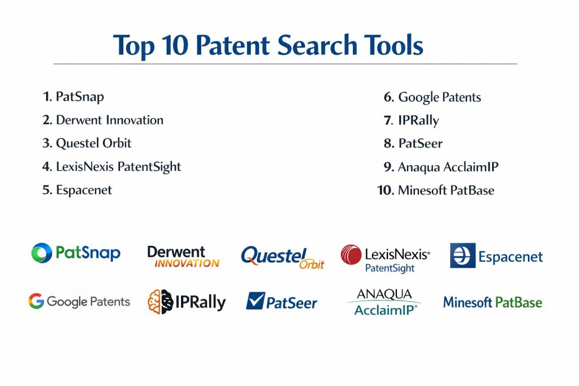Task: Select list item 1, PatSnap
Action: coord(73,97)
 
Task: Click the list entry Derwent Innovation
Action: coord(103,120)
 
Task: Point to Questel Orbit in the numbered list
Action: coord(87,143)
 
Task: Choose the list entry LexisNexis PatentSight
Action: coord(111,167)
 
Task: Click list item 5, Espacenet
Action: coord(77,190)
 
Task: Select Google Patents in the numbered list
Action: coord(433,97)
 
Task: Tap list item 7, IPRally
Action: coord(412,120)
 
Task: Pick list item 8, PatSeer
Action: coord(413,143)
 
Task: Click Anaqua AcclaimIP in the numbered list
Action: coord(441,167)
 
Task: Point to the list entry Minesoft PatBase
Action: coord(436,190)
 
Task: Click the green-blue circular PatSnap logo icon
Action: coord(41,253)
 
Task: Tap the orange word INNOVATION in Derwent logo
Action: coord(187,263)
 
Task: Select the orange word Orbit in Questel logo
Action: coord(312,264)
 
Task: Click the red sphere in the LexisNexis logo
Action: coord(351,255)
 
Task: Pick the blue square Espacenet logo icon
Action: coord(463,255)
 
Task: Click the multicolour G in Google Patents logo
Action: coord(36,301)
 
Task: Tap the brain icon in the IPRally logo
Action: coord(160,302)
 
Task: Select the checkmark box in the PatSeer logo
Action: coord(256,301)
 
